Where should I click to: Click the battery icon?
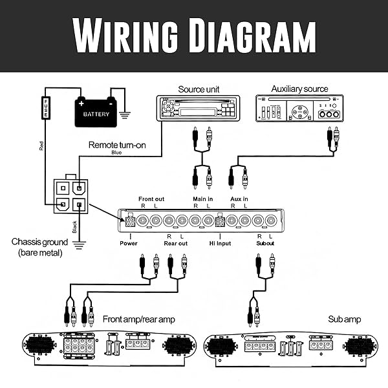pyautogui.click(x=96, y=113)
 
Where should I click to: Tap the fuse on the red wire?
pyautogui.click(x=46, y=108)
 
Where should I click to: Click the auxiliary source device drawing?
pyautogui.click(x=299, y=108)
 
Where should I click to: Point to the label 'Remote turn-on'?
pyautogui.click(x=117, y=145)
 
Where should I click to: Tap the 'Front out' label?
pyautogui.click(x=152, y=199)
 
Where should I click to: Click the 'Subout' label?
pyautogui.click(x=265, y=243)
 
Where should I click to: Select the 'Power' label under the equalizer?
pyautogui.click(x=129, y=243)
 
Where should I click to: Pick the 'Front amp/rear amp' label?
pyautogui.click(x=138, y=319)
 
